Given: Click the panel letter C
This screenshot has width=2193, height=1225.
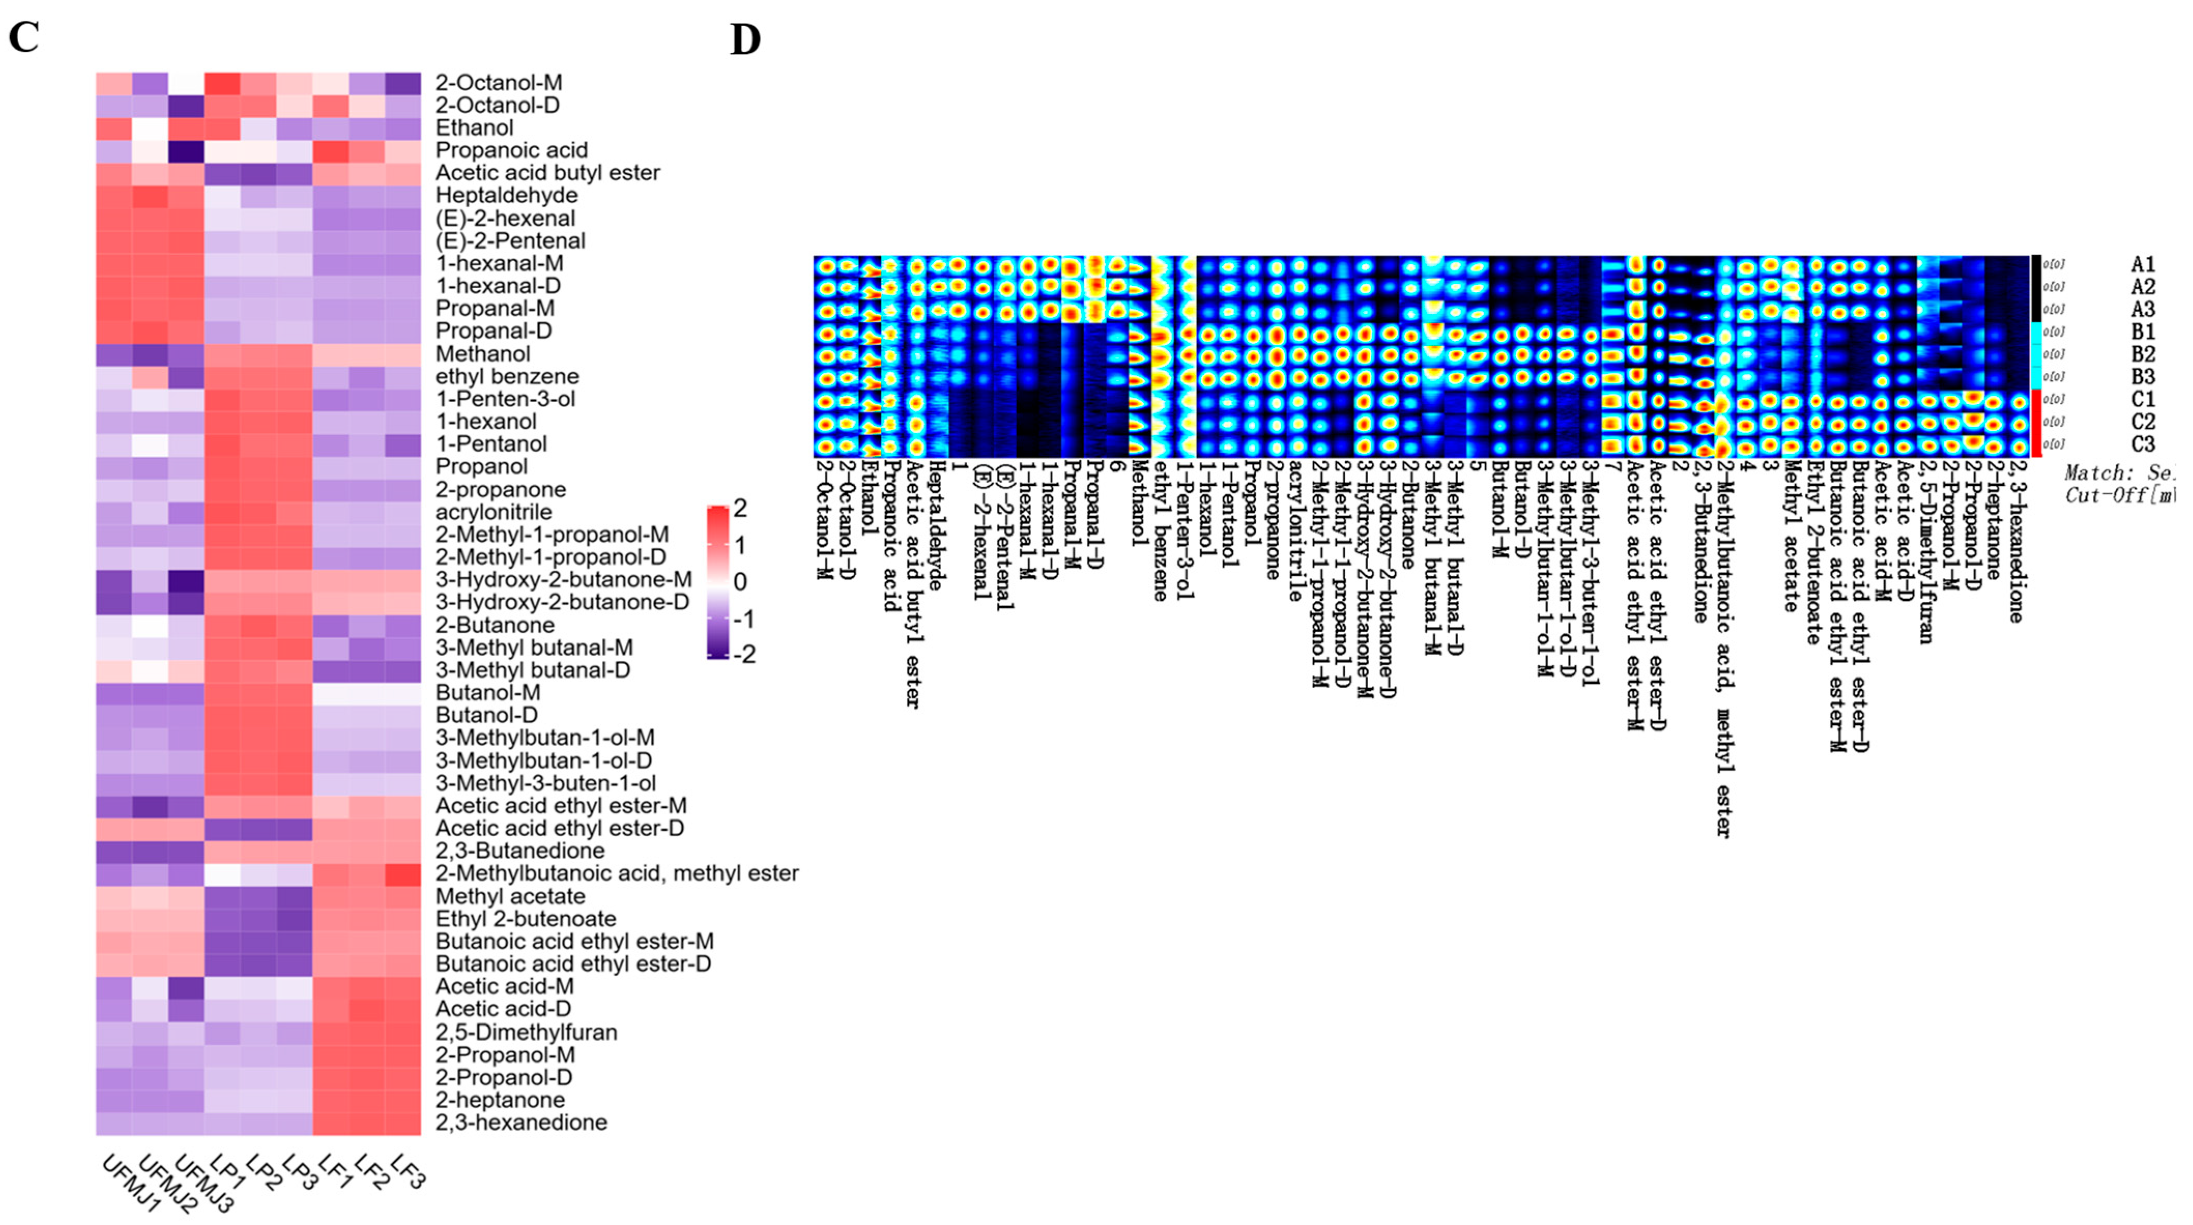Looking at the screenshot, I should click(x=24, y=37).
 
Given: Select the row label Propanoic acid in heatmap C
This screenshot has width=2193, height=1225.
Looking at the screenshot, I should click(x=511, y=150).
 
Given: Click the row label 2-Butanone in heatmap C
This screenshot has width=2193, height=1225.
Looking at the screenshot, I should click(x=495, y=625).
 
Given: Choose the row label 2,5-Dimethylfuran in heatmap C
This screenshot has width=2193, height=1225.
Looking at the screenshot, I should click(x=526, y=1032).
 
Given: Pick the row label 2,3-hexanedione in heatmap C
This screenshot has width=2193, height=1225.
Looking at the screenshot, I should click(x=521, y=1122).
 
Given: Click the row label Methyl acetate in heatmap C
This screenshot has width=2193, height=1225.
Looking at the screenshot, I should click(x=510, y=897).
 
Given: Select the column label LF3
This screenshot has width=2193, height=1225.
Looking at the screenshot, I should click(x=407, y=1171).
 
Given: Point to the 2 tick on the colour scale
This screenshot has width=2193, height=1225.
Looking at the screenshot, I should click(x=740, y=508).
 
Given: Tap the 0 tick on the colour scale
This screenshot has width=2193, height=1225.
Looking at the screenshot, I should click(x=740, y=582).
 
